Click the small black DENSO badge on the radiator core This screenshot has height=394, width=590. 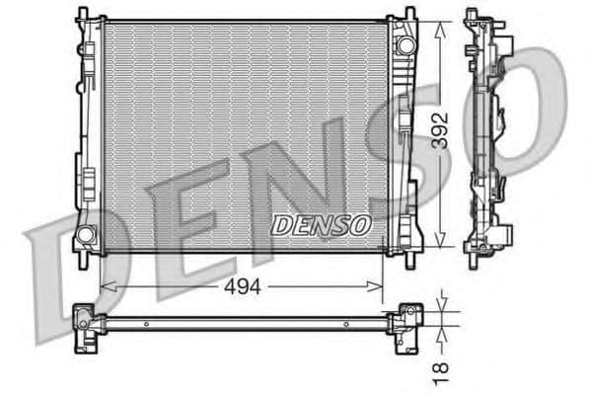pyautogui.click(x=322, y=225)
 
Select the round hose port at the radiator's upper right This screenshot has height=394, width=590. pyautogui.click(x=404, y=45)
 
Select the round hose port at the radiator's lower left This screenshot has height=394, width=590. pyautogui.click(x=86, y=235)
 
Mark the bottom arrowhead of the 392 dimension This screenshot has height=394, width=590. pyautogui.click(x=440, y=245)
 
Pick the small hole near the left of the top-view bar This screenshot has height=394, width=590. pyautogui.click(x=146, y=323)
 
